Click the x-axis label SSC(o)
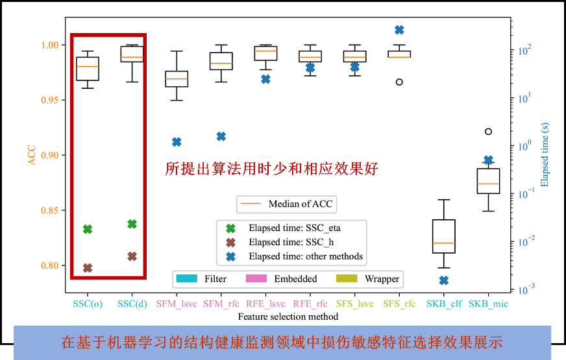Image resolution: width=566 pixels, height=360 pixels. click(x=88, y=304)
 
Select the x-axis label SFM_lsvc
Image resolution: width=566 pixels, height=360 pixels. click(x=177, y=304)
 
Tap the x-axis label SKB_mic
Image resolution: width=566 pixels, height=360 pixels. click(x=488, y=304)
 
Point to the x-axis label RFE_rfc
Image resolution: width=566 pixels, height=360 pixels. click(x=310, y=304)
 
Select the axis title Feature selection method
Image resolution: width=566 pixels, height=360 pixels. click(x=288, y=317)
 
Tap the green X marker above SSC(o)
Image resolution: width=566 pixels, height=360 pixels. click(x=88, y=229)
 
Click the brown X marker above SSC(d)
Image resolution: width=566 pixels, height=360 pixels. click(x=132, y=256)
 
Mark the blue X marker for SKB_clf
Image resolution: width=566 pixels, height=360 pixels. click(x=444, y=280)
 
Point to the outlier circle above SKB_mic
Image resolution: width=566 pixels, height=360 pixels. click(x=488, y=132)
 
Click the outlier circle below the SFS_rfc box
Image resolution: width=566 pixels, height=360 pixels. click(x=399, y=82)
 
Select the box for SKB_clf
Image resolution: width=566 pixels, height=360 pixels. click(x=444, y=236)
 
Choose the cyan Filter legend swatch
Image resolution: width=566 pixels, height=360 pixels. click(x=186, y=279)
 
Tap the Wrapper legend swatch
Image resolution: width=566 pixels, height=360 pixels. click(x=347, y=279)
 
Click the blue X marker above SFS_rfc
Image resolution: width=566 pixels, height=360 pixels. click(x=399, y=30)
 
